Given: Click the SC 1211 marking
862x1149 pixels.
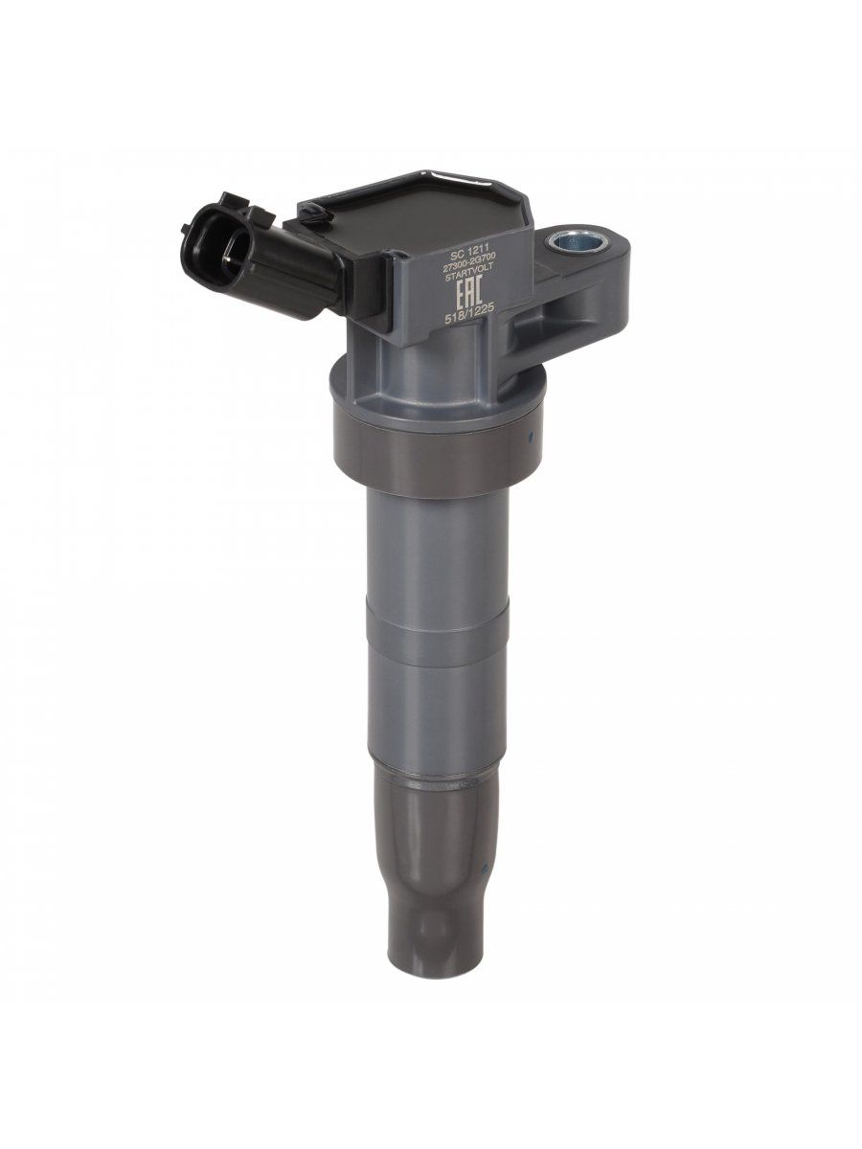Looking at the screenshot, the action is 468,257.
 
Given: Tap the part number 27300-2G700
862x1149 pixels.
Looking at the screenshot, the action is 468,268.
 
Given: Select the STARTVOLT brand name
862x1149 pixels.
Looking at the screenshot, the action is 468,279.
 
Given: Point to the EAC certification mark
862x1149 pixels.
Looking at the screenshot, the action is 467,297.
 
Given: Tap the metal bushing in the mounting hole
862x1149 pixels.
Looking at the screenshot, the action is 576,243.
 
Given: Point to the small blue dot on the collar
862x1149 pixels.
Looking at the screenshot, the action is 531,435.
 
